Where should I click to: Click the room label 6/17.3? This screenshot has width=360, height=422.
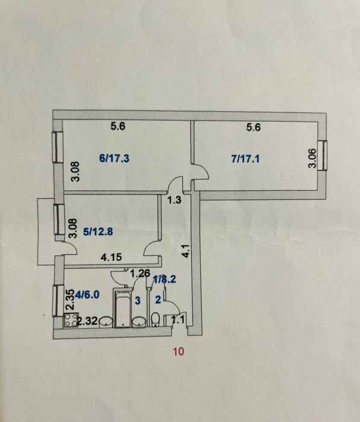[114, 158]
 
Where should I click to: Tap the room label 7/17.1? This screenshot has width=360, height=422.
[245, 159]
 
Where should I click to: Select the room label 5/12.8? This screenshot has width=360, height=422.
[98, 231]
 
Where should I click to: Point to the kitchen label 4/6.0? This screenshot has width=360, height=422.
[87, 295]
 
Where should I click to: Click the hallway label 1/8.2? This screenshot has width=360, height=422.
[165, 279]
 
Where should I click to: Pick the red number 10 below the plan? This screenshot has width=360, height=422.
[178, 351]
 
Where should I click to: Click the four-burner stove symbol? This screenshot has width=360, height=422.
[71, 320]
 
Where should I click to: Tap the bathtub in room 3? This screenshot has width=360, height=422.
[123, 308]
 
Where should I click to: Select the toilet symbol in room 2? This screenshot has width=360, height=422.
[156, 320]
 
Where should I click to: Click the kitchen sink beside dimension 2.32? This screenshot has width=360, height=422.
[106, 322]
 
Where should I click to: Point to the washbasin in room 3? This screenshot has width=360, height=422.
[139, 322]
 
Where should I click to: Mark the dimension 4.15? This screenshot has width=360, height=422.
[111, 257]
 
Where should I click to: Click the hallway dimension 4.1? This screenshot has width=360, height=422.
[186, 251]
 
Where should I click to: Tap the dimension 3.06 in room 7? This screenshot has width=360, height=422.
[312, 158]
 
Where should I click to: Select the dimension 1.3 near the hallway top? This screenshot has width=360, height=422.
[174, 200]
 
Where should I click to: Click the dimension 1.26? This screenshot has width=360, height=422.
[140, 274]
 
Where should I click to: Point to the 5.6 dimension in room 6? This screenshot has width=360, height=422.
[118, 126]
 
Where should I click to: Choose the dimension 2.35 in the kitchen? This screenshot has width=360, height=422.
[70, 300]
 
